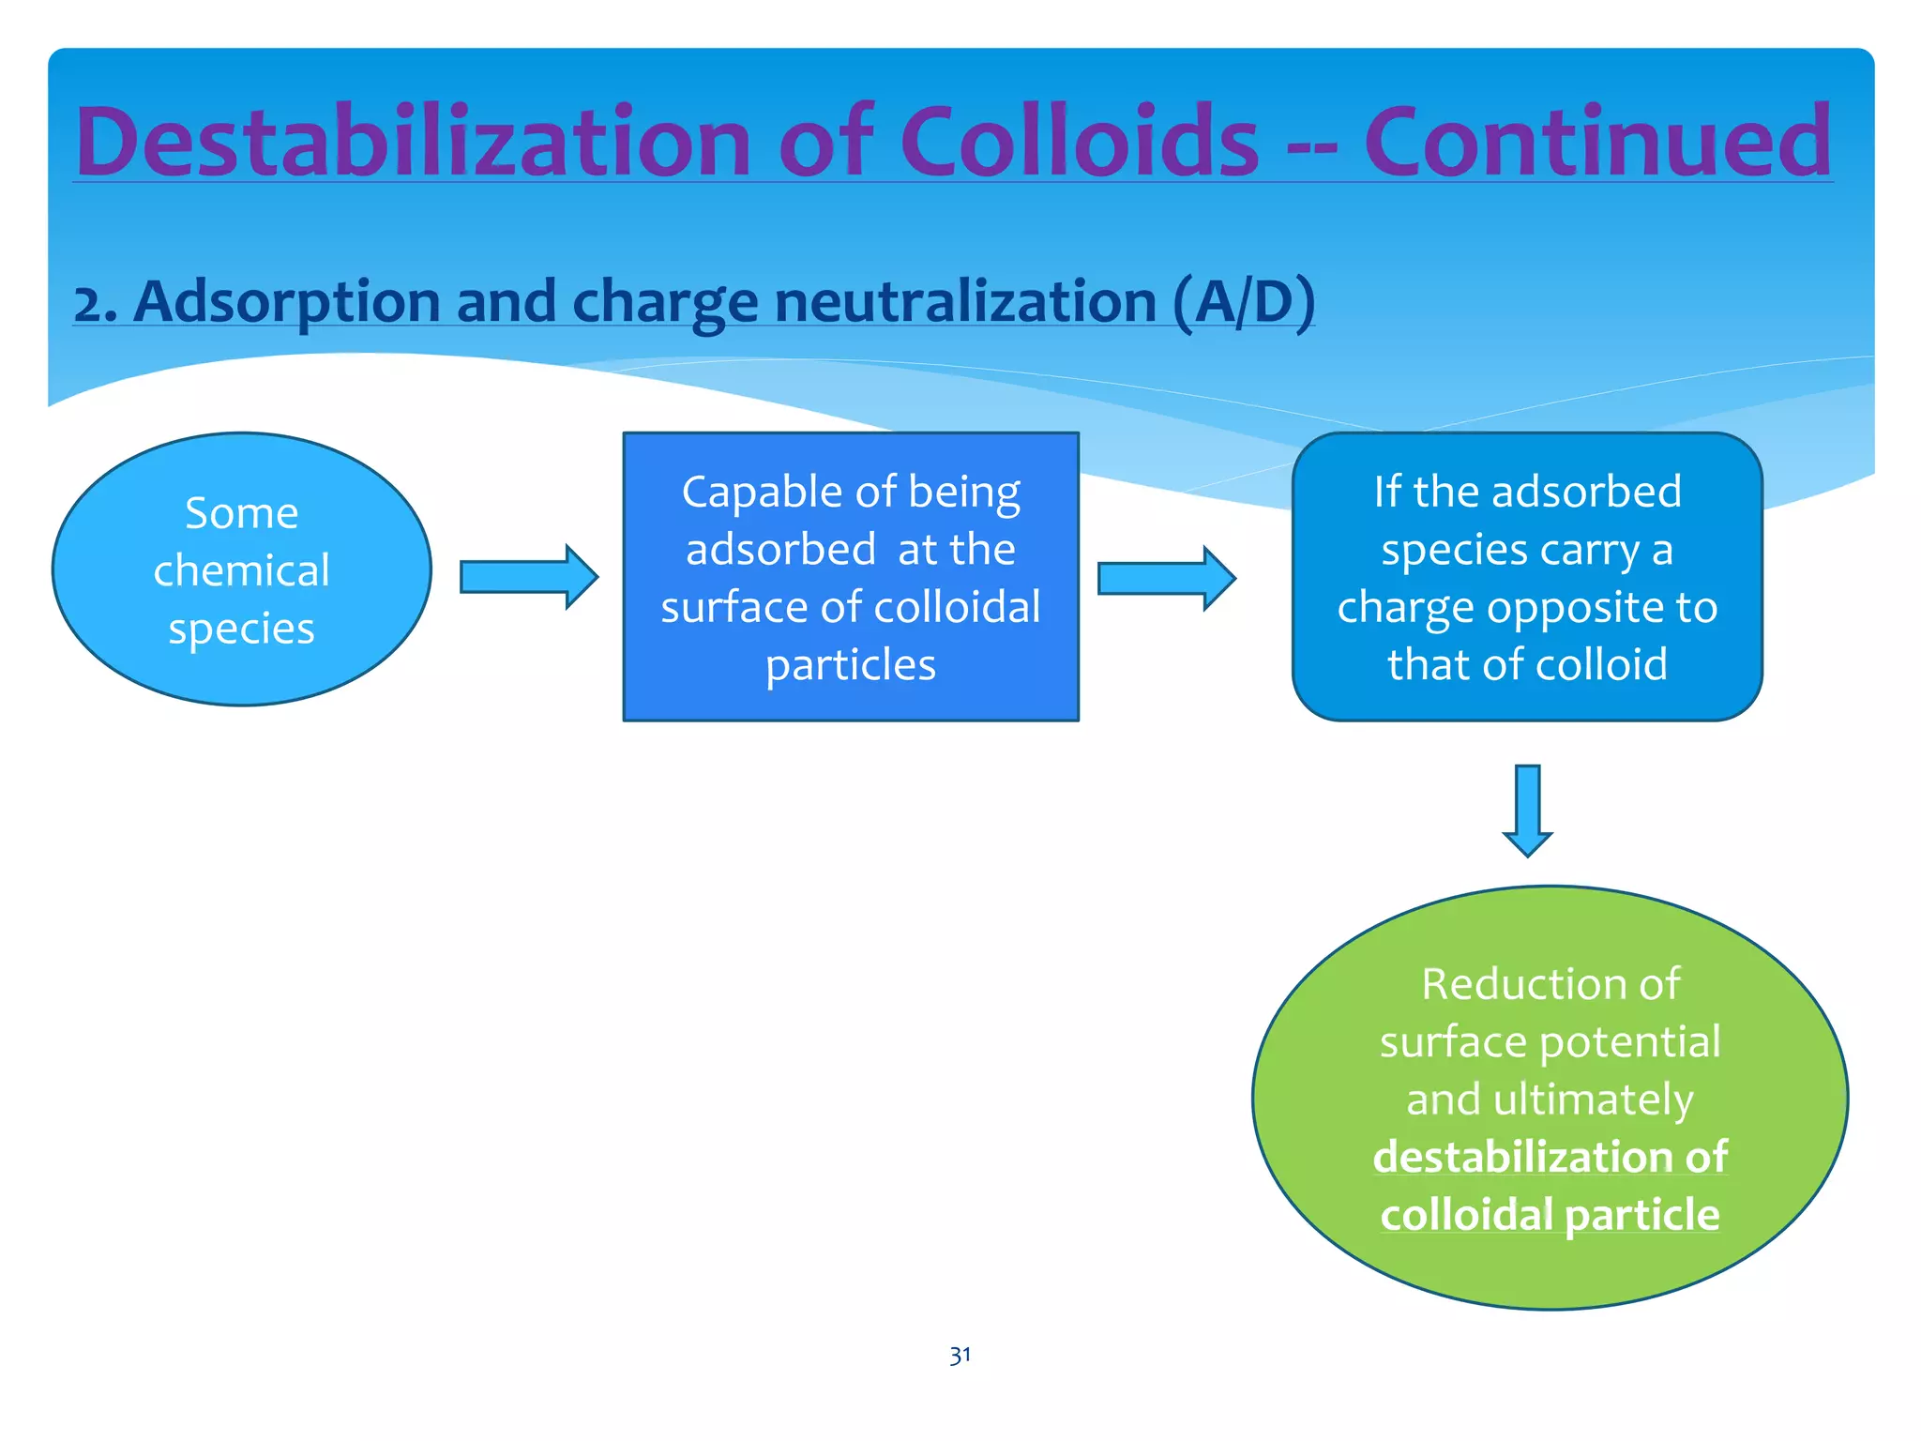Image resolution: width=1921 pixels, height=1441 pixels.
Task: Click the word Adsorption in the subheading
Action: (286, 302)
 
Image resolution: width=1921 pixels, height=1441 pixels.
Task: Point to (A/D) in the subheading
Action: (1243, 302)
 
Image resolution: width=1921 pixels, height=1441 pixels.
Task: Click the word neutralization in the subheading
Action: (966, 302)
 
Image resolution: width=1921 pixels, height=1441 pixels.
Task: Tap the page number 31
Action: (960, 1356)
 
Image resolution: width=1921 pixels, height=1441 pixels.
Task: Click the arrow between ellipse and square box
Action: (528, 577)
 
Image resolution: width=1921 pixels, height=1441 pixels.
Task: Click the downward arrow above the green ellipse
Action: (1527, 810)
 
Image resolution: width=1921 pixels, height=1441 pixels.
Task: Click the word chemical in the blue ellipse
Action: (241, 570)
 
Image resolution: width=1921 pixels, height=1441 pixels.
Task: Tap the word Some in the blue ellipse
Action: (241, 513)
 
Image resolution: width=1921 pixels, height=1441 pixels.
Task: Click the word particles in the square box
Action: (850, 665)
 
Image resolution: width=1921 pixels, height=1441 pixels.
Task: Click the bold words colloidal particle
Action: (1550, 1215)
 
